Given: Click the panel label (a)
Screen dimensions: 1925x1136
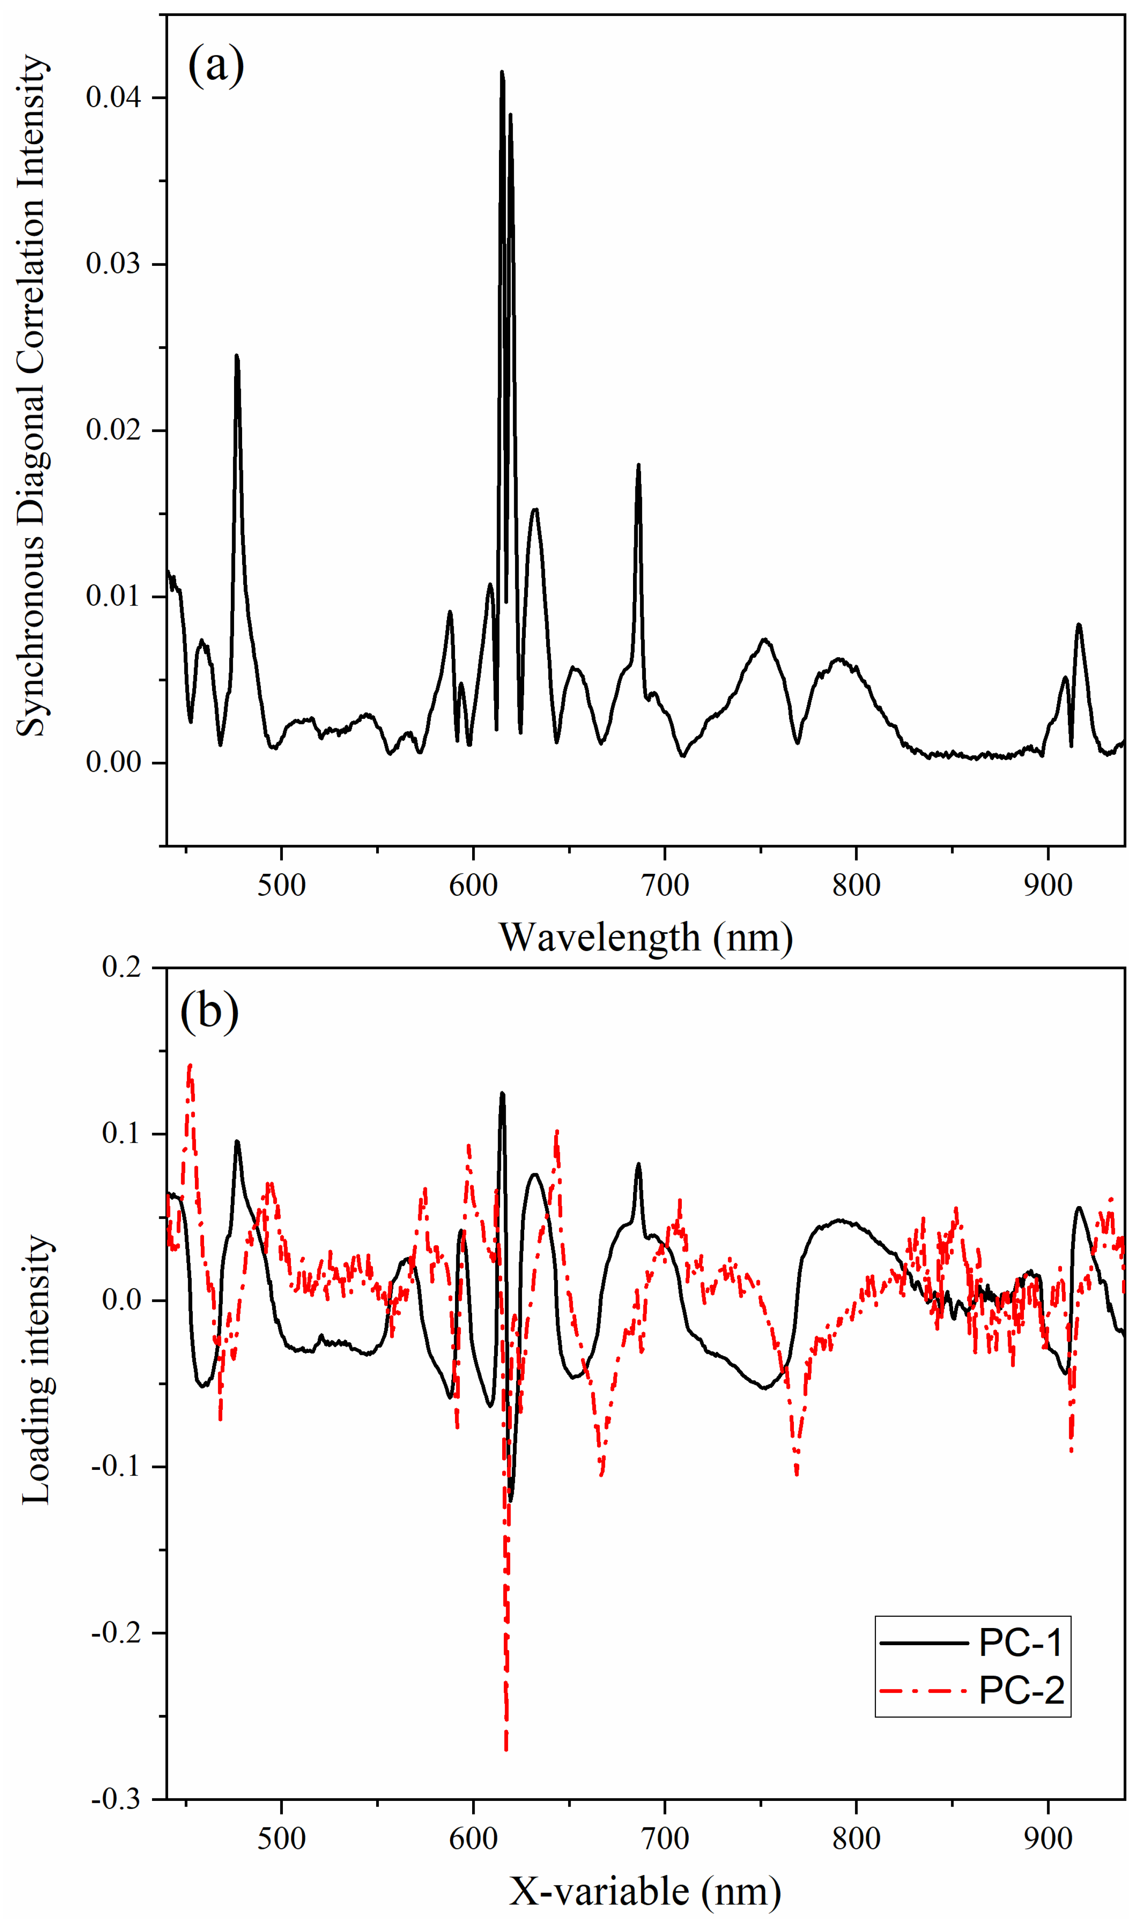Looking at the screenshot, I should click(x=216, y=65).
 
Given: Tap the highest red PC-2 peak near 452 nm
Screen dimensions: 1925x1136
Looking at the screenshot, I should click(x=190, y=1064).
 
